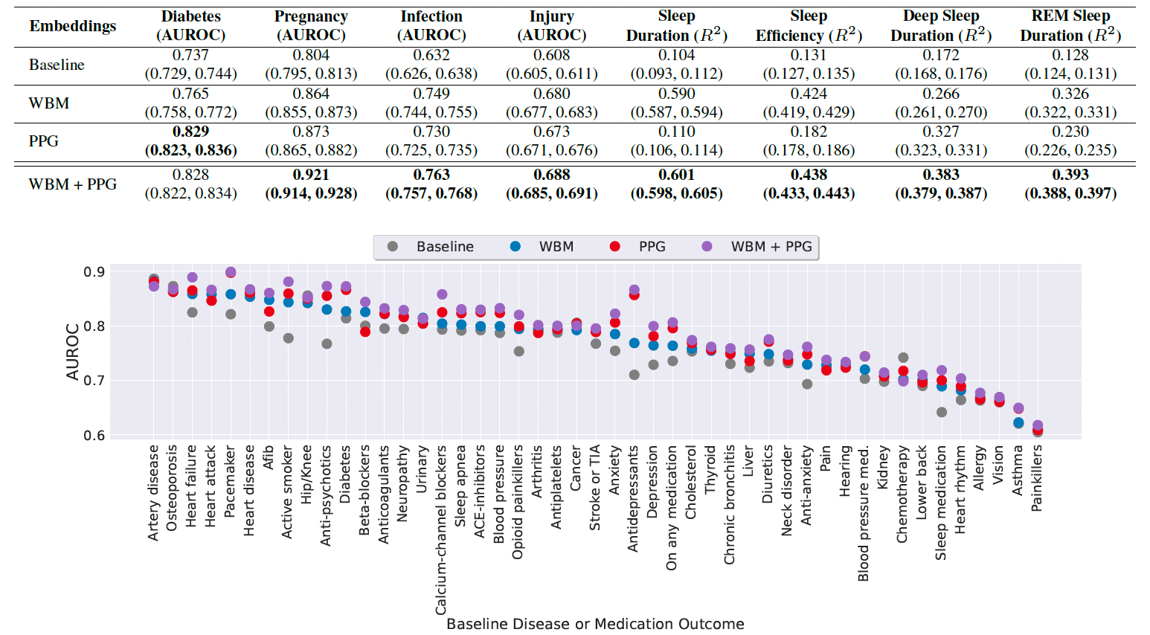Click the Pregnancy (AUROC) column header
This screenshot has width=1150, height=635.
click(x=311, y=25)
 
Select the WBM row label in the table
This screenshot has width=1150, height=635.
click(x=49, y=103)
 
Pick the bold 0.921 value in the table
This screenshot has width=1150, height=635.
click(x=311, y=175)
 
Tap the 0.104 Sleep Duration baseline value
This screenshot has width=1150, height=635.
click(x=676, y=55)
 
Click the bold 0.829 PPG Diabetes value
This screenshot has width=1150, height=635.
click(x=190, y=132)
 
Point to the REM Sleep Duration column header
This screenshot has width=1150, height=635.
click(x=1070, y=25)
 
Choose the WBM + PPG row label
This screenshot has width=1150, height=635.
click(x=73, y=184)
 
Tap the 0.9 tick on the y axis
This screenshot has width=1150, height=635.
click(x=94, y=272)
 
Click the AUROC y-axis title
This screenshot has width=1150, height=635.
click(x=72, y=352)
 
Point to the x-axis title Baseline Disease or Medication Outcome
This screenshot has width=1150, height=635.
click(x=595, y=624)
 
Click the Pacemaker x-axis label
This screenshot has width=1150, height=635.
click(x=230, y=481)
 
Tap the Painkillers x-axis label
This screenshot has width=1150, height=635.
click(x=1037, y=478)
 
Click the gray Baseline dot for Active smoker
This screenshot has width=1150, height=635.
click(x=288, y=338)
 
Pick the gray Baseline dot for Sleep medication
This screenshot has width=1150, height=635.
click(x=941, y=412)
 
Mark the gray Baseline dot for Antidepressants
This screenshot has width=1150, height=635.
click(x=634, y=375)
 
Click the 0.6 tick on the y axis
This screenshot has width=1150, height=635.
click(x=94, y=436)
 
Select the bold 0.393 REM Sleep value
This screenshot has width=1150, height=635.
click(x=1070, y=175)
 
